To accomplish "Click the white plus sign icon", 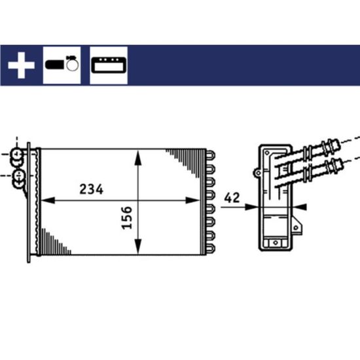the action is (x=22, y=65).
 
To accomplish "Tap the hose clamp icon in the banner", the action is (x=62, y=64).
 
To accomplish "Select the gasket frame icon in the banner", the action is (x=109, y=65).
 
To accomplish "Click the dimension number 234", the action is (x=92, y=189).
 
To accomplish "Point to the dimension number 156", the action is (x=127, y=218).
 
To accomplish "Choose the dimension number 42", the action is (x=232, y=198).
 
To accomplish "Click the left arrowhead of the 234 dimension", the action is (x=48, y=200).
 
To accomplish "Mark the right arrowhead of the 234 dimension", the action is (x=192, y=200).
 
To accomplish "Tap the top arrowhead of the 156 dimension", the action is (x=137, y=158).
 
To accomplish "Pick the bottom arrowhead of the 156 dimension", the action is (x=137, y=246).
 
